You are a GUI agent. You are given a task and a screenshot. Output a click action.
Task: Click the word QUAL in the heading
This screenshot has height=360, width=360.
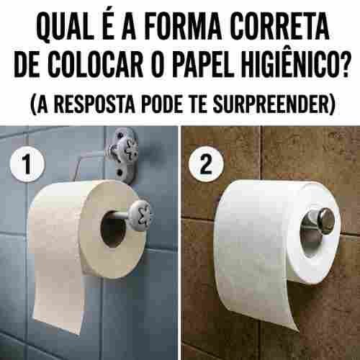pos(65,27)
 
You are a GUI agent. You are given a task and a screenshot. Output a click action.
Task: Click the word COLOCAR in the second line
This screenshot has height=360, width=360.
pos(96,64)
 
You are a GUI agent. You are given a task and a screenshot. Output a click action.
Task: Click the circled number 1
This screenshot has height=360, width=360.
pos(27,163)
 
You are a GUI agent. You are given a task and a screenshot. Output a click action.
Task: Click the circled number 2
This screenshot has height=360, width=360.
pos(206,163)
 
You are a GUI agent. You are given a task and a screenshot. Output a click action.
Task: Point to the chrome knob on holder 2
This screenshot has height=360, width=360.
pos(323,220)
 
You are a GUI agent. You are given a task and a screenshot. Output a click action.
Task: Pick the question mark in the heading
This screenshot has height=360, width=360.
pos(342,64)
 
